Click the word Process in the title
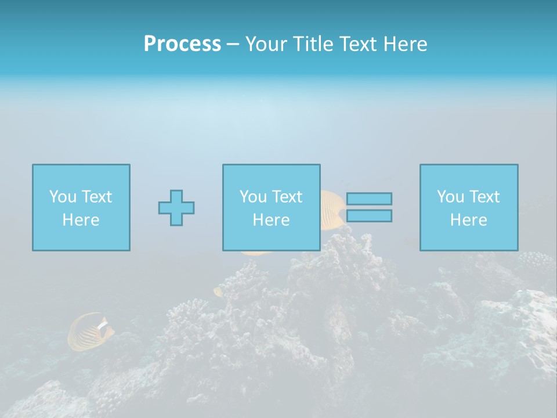click(x=182, y=44)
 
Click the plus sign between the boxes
click(x=176, y=207)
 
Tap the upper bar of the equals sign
click(x=369, y=199)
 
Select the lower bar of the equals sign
click(x=369, y=216)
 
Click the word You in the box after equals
click(x=450, y=197)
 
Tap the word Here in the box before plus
click(x=81, y=220)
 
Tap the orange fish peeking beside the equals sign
click(x=333, y=209)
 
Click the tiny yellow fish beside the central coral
click(x=218, y=292)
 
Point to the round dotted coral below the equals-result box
click(x=535, y=260)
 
